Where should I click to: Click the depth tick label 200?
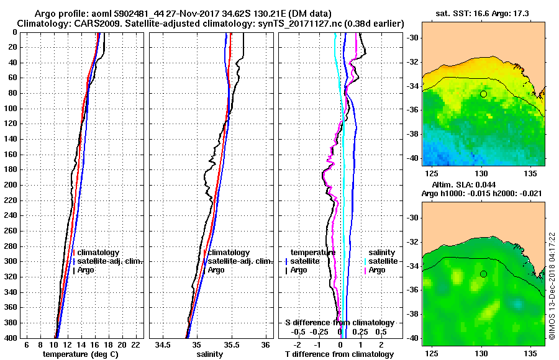[12, 185]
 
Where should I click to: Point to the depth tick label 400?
[12, 338]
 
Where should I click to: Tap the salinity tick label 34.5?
[163, 344]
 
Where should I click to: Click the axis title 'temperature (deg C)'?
[80, 354]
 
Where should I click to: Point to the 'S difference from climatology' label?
[339, 323]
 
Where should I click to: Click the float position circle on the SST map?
[483, 94]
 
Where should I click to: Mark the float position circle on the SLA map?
[483, 274]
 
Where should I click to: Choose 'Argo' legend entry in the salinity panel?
[216, 270]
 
